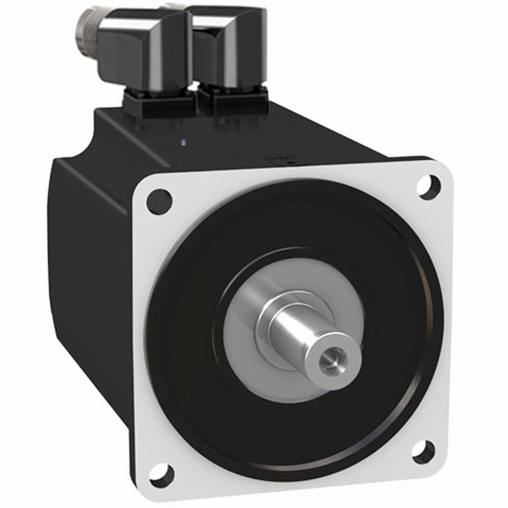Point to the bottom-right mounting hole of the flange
(423, 451)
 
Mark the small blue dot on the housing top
(185, 143)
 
